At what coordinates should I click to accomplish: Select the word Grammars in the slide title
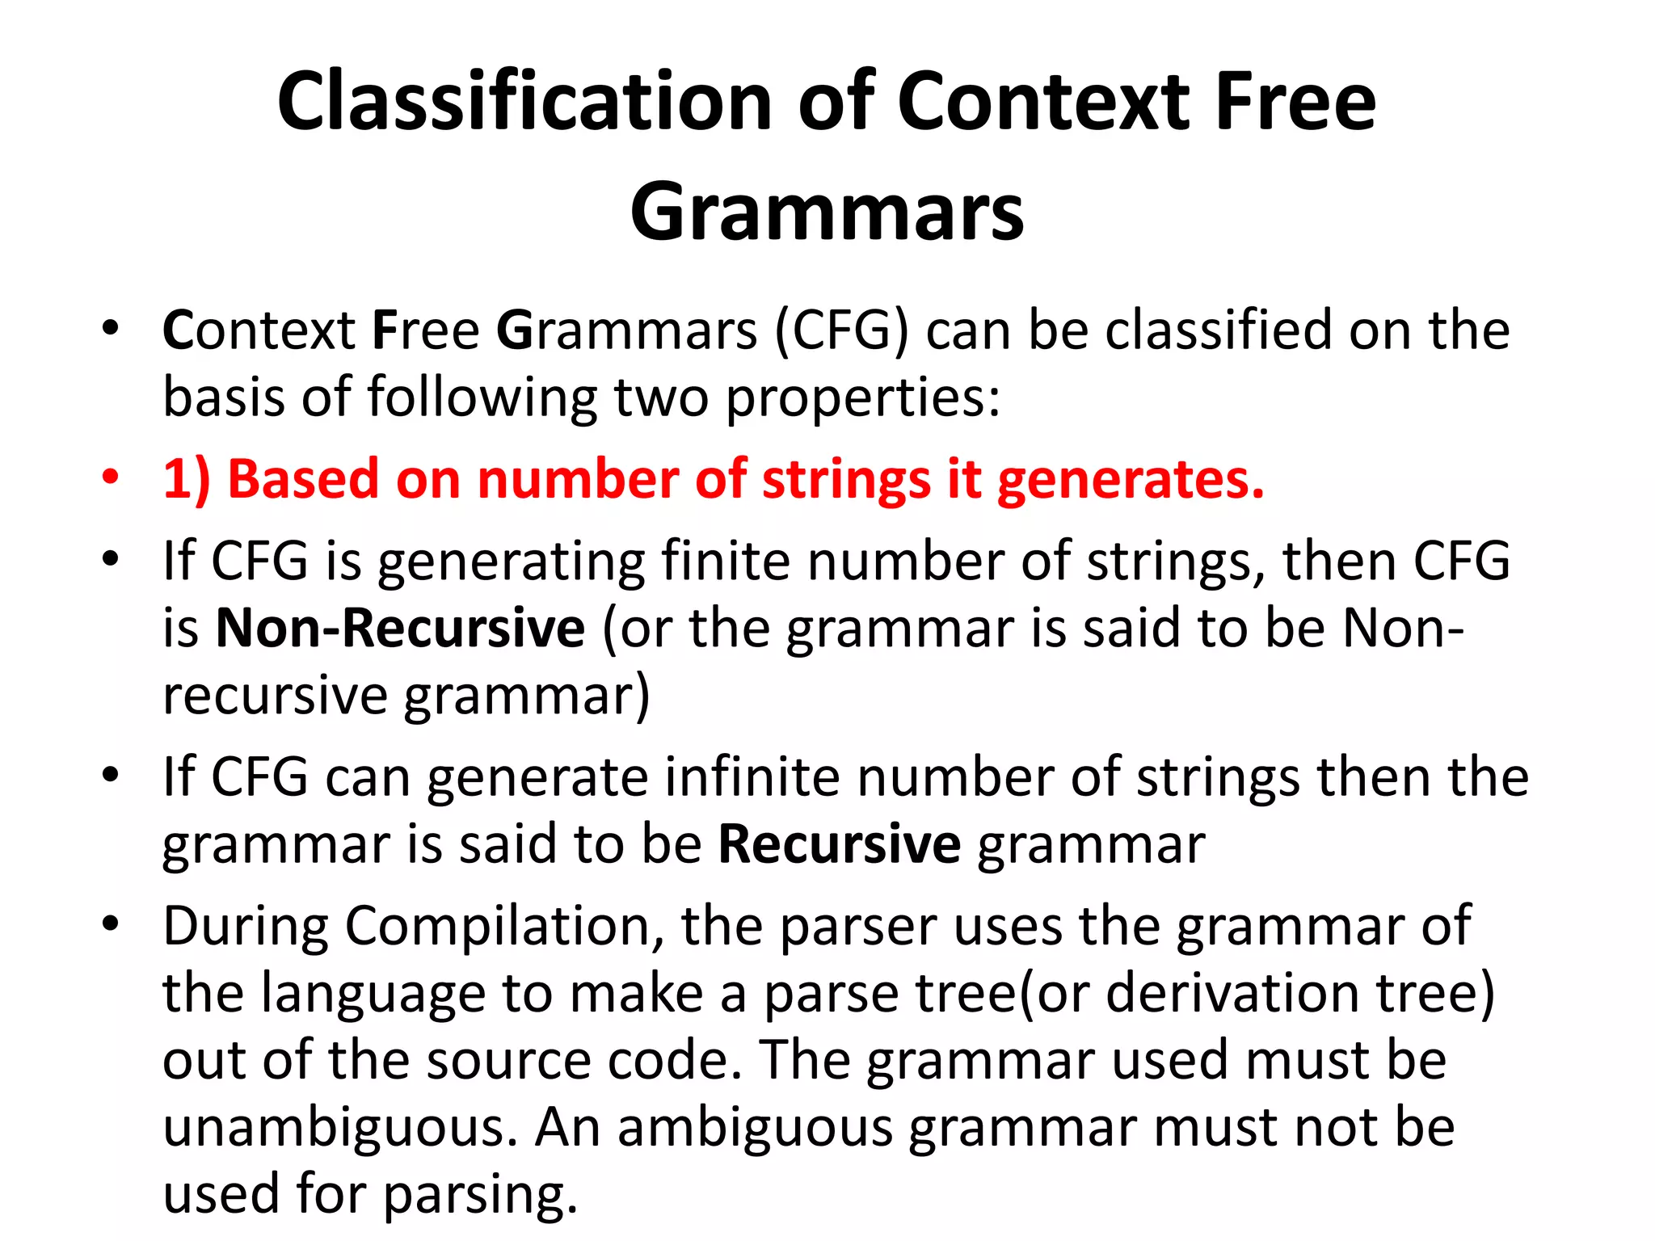pyautogui.click(x=827, y=212)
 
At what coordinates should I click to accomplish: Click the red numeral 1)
pyautogui.click(x=187, y=478)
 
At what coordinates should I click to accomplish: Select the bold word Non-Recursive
pyautogui.click(x=400, y=628)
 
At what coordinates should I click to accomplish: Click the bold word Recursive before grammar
pyautogui.click(x=839, y=844)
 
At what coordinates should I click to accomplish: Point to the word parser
pyautogui.click(x=857, y=928)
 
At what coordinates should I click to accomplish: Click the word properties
pyautogui.click(x=862, y=399)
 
